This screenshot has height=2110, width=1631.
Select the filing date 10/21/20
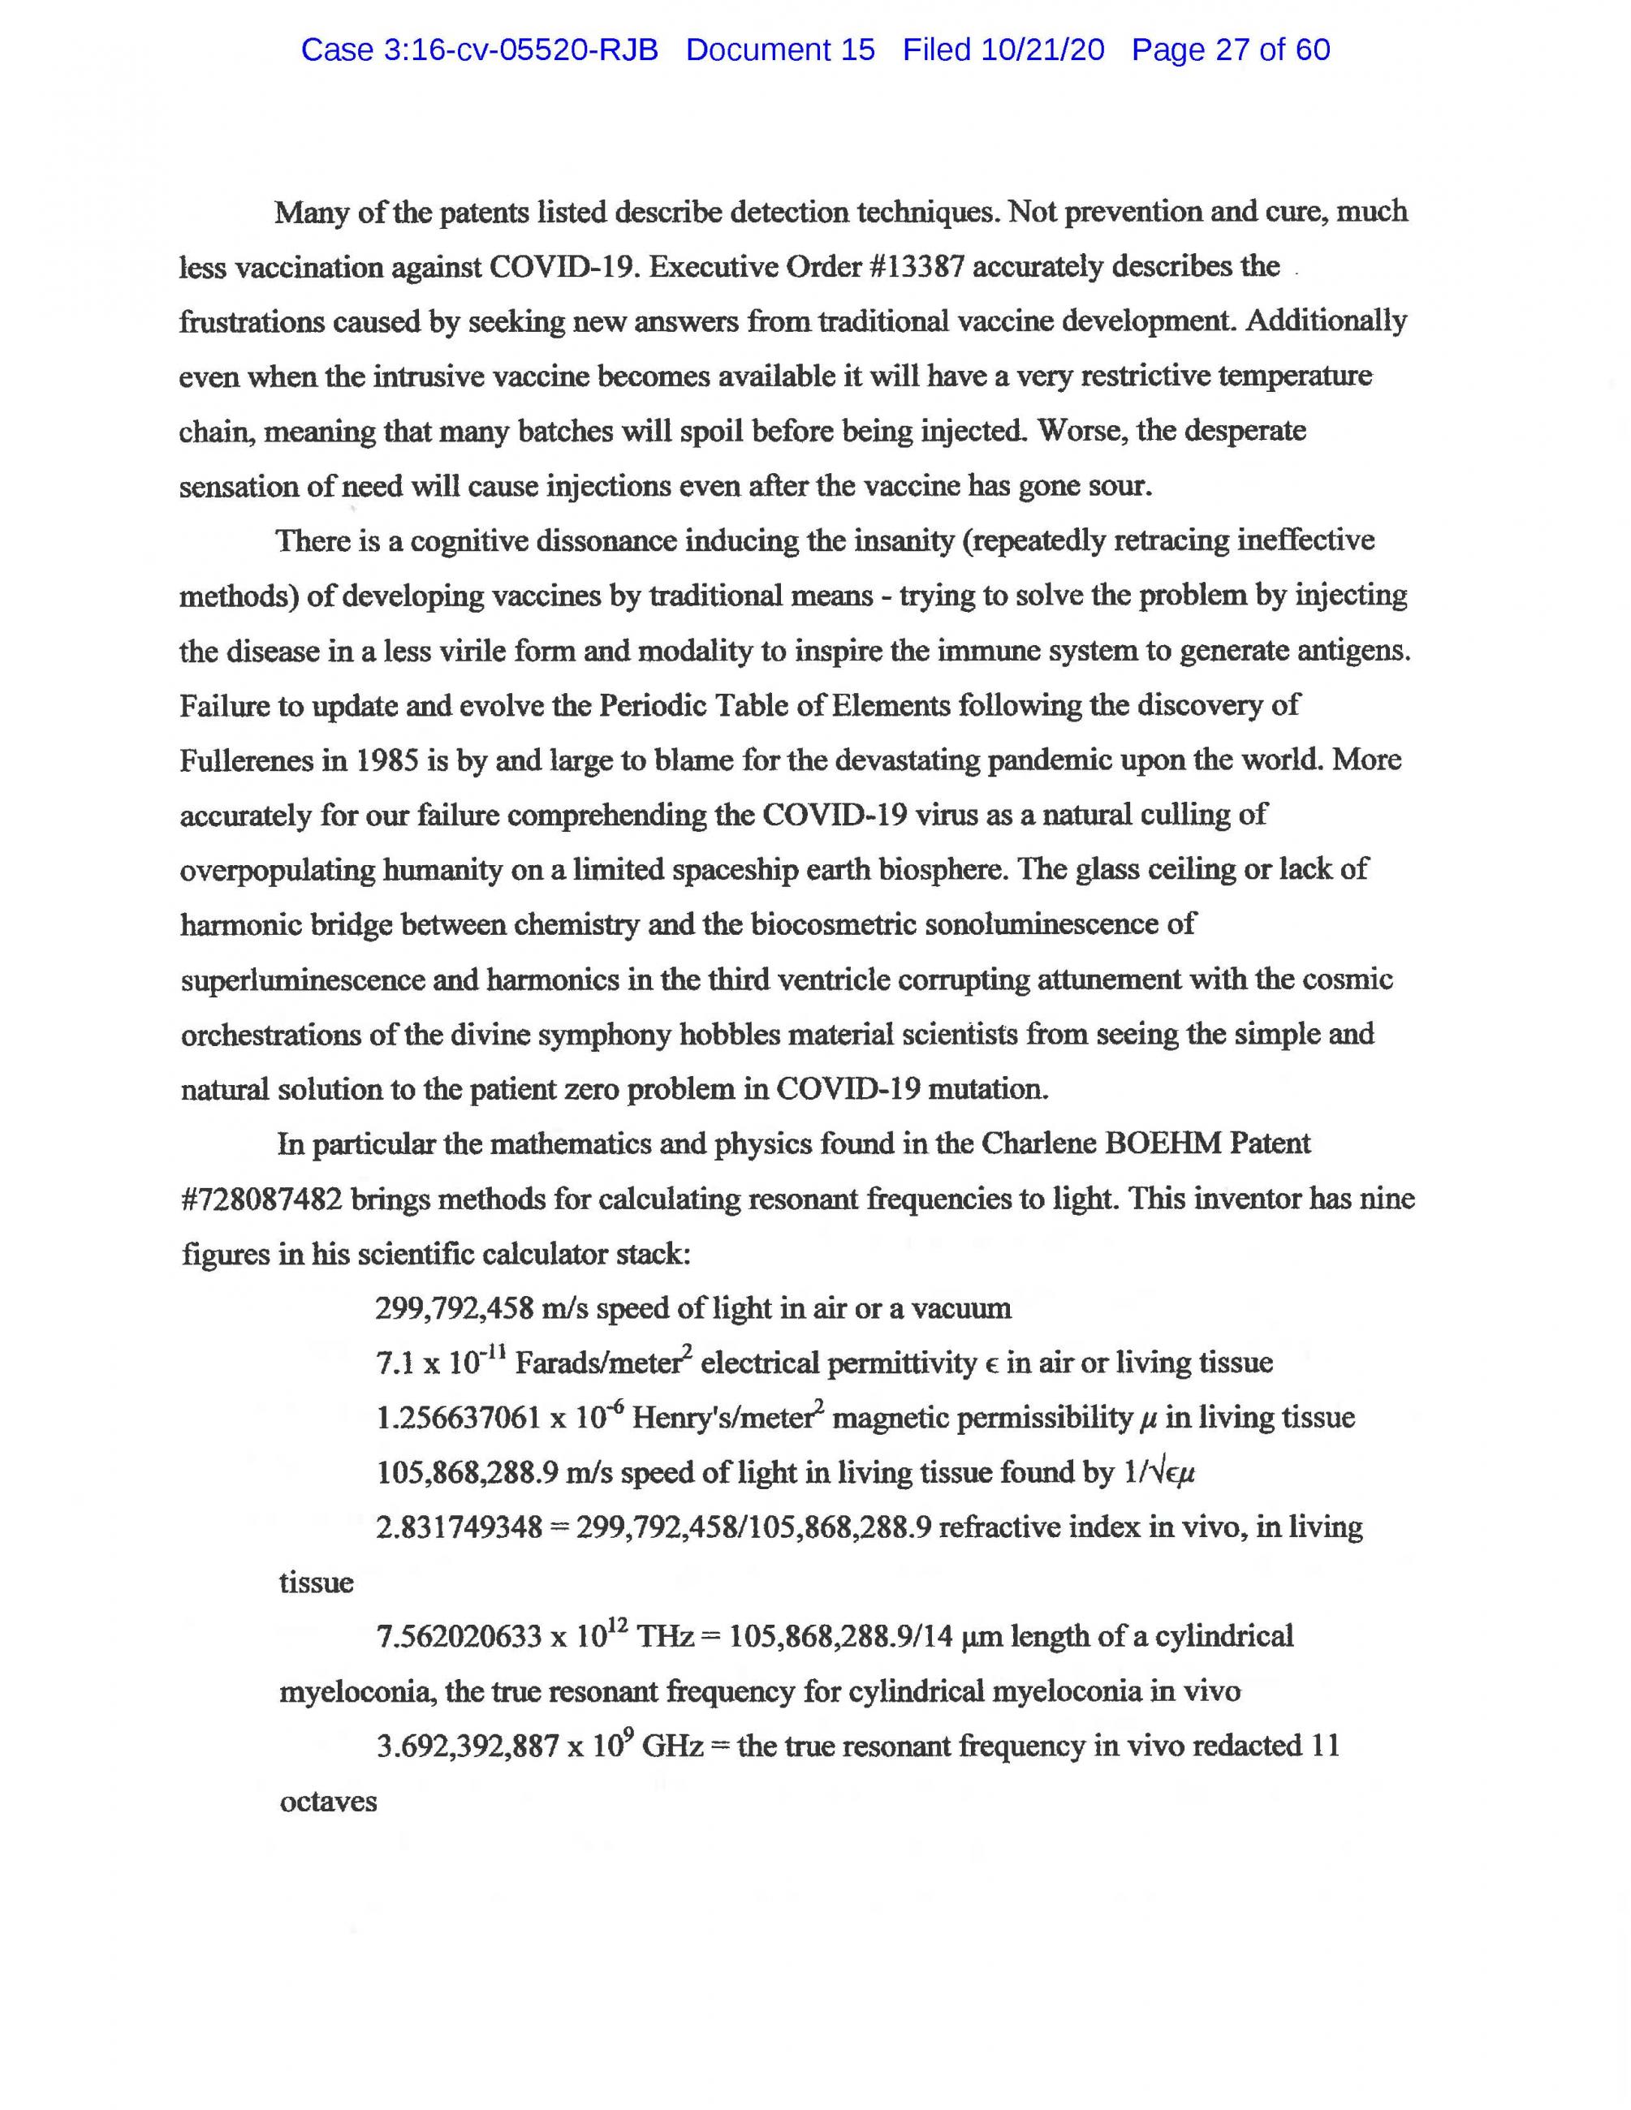point(1042,50)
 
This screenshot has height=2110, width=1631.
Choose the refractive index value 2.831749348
point(459,1528)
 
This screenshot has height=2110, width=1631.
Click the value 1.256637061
point(458,1419)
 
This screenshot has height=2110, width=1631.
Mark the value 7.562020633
point(459,1638)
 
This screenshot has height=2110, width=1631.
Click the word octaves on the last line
point(327,1802)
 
